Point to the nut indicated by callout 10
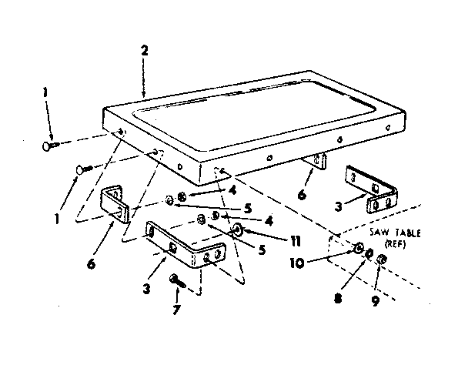[359, 248]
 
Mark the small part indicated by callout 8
[369, 254]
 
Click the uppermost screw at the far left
[50, 144]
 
